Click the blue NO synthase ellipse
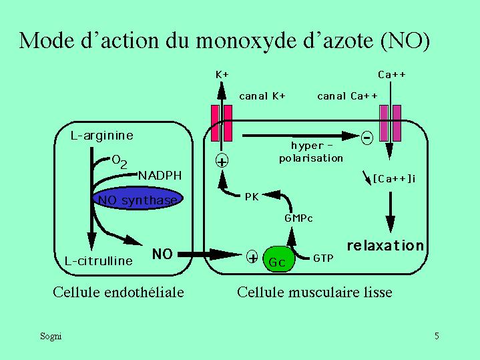(x=138, y=200)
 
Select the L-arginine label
(x=102, y=136)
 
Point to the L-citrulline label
(x=99, y=260)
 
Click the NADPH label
(x=160, y=176)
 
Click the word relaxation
(x=385, y=245)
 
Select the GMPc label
(x=298, y=218)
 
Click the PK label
(x=252, y=196)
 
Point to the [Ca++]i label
(x=395, y=178)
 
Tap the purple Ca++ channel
(x=389, y=123)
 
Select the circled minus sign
(x=367, y=138)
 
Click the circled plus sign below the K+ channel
(x=221, y=160)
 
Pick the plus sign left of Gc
(x=253, y=257)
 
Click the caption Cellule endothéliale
(x=118, y=292)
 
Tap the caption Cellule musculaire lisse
(x=314, y=292)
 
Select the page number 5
(x=436, y=336)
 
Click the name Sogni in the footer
(x=51, y=336)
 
